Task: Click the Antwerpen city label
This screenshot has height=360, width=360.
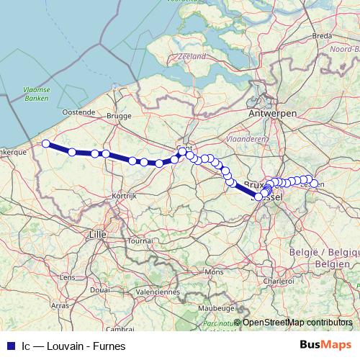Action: tap(271, 114)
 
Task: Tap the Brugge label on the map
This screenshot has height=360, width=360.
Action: tap(119, 115)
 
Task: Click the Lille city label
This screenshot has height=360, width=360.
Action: tap(95, 234)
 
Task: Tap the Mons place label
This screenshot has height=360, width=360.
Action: tap(214, 272)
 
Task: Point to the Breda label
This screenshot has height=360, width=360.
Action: tap(322, 35)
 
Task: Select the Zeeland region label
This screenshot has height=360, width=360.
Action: tap(192, 55)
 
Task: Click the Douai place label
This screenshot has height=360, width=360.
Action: tap(100, 288)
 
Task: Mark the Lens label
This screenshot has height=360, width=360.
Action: tap(68, 276)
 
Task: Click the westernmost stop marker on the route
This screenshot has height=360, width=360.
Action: tap(46, 143)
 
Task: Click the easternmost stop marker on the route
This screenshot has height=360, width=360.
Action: tap(314, 184)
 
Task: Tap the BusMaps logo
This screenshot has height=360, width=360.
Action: tap(325, 345)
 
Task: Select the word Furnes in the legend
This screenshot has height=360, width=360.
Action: tap(109, 346)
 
